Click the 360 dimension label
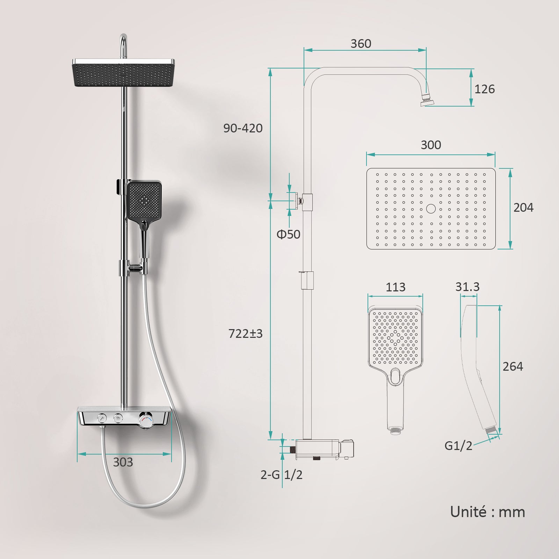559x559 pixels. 361,44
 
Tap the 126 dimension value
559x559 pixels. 484,89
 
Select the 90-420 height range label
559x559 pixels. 243,128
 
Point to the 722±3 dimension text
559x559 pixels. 245,334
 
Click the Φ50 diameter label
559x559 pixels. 288,234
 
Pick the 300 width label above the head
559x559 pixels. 430,145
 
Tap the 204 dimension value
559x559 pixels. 523,208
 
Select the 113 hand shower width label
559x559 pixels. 395,287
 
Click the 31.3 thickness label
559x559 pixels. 467,287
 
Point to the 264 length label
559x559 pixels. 513,366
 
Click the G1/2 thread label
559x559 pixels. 458,446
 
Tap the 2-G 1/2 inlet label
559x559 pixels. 281,475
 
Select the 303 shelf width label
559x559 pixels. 123,462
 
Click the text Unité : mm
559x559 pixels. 487,512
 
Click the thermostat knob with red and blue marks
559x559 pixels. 146,419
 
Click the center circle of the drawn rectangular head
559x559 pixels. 431,209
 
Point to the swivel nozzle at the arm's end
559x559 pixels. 427,100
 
